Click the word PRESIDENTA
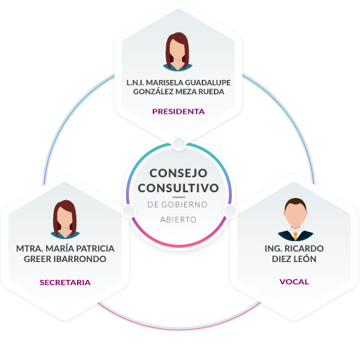[x=179, y=112]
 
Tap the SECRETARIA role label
[x=65, y=282]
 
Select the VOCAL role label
[x=294, y=282]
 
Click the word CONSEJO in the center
[x=179, y=173]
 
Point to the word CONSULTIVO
[x=179, y=188]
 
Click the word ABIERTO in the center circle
[x=179, y=220]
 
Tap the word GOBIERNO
[x=184, y=204]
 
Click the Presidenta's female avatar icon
[x=178, y=52]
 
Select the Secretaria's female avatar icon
[x=65, y=220]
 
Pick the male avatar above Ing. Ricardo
[x=295, y=220]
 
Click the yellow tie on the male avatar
[x=295, y=235]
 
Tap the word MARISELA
[x=164, y=83]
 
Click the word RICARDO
[x=304, y=248]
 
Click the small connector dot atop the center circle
[x=179, y=144]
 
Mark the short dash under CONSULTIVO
[x=179, y=197]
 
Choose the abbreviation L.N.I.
[x=135, y=83]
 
